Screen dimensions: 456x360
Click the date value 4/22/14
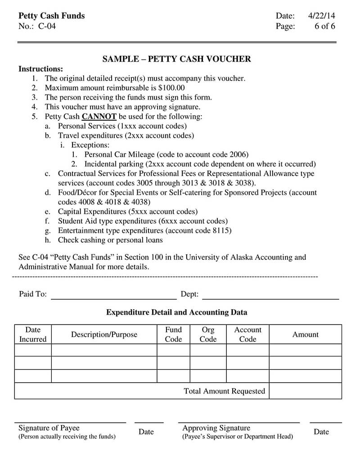coord(321,16)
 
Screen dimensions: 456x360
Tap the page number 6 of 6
coord(324,26)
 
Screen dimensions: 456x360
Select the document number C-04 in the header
coord(47,26)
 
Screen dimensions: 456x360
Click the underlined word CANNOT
coord(99,117)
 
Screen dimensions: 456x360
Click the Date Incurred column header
coord(33,334)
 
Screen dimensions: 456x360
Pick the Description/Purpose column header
coord(104,334)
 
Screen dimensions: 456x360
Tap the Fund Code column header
coord(173,334)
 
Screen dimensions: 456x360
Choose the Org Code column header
coord(208,334)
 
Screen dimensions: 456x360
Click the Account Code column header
coord(247,334)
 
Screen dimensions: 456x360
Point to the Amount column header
coord(305,334)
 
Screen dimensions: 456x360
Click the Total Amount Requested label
coord(224,391)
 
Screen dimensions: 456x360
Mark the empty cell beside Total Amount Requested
coord(305,391)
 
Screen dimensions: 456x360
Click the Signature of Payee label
coord(49,428)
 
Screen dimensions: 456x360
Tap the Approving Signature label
coord(216,428)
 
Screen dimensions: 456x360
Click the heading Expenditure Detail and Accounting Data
coord(176,312)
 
